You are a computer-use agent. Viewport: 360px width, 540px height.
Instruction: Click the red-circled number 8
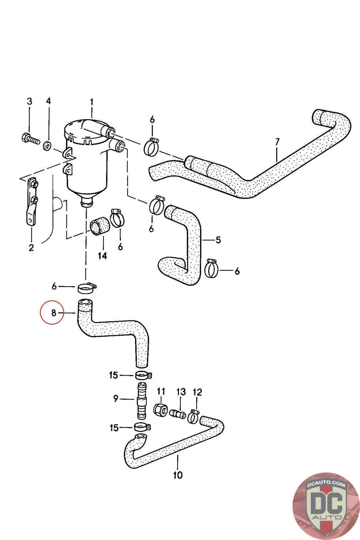pos(54,313)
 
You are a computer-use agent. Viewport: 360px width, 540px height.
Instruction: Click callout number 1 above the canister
pos(91,102)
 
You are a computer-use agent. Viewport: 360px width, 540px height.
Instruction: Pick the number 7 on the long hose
pos(277,142)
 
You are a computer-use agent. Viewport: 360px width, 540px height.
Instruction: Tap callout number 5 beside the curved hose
pos(218,240)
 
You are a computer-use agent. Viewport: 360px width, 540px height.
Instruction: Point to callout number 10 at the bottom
pos(177,475)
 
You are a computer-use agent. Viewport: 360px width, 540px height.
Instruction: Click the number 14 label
pos(102,256)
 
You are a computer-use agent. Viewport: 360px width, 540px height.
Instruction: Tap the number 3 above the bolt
pos(29,101)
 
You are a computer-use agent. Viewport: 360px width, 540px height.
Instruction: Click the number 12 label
pos(197,392)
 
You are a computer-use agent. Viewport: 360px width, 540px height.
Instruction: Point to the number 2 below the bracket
pos(31,248)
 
